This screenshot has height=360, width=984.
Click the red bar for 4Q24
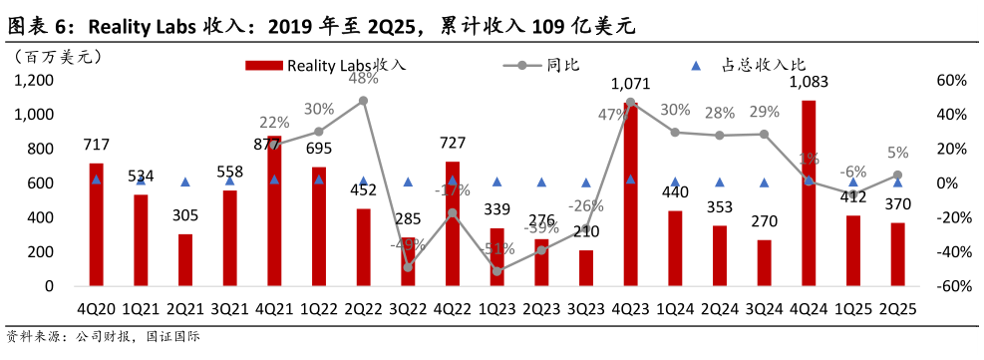pos(809,192)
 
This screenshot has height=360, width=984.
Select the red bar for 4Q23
pos(630,193)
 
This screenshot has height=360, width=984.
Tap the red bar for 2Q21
pos(185,259)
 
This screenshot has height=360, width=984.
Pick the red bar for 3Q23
pos(586,267)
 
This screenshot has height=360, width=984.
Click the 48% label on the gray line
pos(363,78)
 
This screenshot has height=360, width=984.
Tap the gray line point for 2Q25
pos(897,175)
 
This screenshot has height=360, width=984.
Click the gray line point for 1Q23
pos(496,270)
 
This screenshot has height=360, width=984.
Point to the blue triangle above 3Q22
pos(408,181)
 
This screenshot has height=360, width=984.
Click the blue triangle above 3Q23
pos(586,182)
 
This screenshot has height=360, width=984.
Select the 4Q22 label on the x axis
pos(452,309)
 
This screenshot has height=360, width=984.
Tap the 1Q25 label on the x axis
pos(853,309)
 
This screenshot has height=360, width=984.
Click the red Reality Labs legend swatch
pos(264,66)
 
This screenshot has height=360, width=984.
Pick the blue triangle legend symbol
pos(696,66)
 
